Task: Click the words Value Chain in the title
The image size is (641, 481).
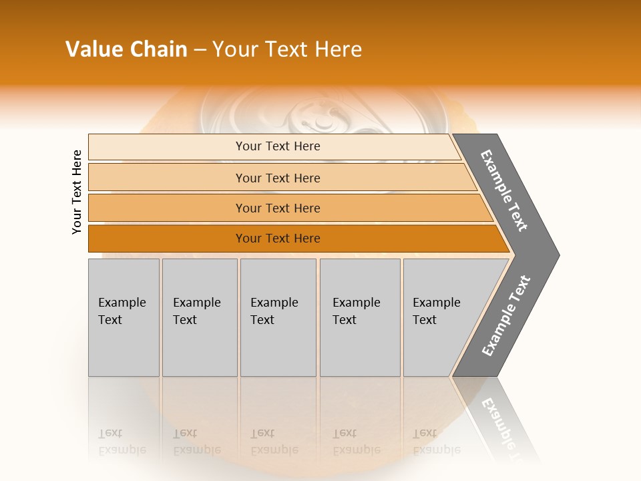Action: click(126, 49)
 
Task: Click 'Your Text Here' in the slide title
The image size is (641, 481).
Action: click(287, 49)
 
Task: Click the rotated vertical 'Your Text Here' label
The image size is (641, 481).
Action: click(77, 192)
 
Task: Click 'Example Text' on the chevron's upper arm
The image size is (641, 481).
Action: click(504, 190)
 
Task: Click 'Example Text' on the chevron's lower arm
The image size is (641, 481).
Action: click(506, 316)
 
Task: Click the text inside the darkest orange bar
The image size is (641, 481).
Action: click(278, 238)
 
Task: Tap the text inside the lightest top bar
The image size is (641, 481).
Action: click(278, 146)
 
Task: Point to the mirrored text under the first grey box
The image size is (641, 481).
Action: click(122, 441)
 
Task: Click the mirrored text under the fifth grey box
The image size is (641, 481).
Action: click(437, 441)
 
